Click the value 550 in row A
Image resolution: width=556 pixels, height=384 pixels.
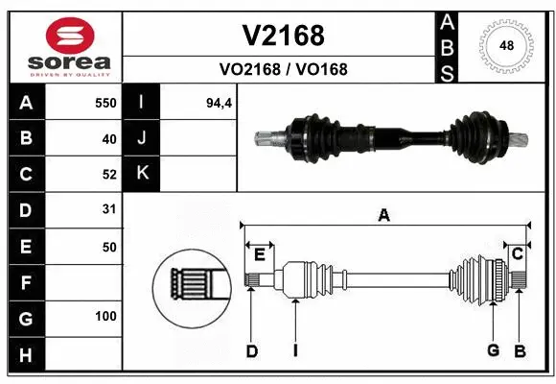click(x=104, y=103)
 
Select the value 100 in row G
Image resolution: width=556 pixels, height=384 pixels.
click(x=104, y=316)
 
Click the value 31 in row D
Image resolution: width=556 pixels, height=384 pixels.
click(x=108, y=208)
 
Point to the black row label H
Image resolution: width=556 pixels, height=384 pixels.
click(x=25, y=356)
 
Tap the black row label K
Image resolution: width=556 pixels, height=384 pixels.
click(x=143, y=174)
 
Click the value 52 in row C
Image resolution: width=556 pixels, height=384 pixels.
click(x=108, y=174)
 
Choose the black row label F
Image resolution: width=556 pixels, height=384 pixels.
click(x=25, y=283)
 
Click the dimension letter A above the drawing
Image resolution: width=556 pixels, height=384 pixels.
click(x=383, y=216)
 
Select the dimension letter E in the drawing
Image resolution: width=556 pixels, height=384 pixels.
click(x=259, y=253)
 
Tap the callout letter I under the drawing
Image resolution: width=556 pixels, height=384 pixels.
click(x=295, y=350)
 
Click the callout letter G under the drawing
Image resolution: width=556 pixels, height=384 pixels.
click(x=493, y=350)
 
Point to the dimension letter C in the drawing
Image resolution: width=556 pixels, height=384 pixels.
click(x=517, y=253)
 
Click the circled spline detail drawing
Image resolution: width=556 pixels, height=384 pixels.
click(x=191, y=284)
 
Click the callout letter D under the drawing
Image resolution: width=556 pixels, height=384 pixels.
click(x=251, y=350)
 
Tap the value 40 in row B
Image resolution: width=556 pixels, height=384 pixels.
click(x=108, y=138)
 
